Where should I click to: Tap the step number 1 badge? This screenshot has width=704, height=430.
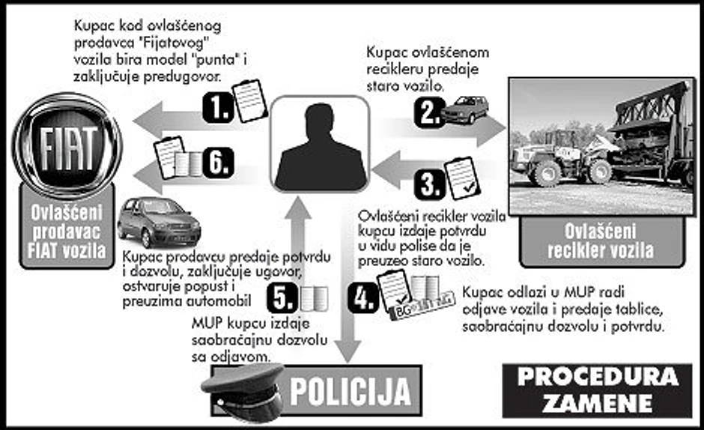[x=218, y=108]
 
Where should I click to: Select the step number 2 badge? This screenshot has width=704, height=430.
[x=428, y=112]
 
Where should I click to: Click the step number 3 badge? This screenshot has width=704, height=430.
[x=429, y=184]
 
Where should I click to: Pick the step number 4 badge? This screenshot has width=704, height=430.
[x=363, y=298]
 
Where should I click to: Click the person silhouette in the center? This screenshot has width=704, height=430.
[x=319, y=146]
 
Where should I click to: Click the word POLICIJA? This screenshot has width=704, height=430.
[x=351, y=391]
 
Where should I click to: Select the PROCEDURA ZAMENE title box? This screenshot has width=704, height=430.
[x=597, y=390]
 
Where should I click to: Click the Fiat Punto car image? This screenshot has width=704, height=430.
[x=159, y=222]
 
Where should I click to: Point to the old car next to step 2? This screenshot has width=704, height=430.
[x=465, y=109]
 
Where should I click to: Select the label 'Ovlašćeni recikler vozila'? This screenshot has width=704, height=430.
[x=601, y=240]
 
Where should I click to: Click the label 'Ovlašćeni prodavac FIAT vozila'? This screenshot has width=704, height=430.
[x=67, y=231]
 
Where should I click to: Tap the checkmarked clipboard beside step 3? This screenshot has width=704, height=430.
[x=462, y=178]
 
